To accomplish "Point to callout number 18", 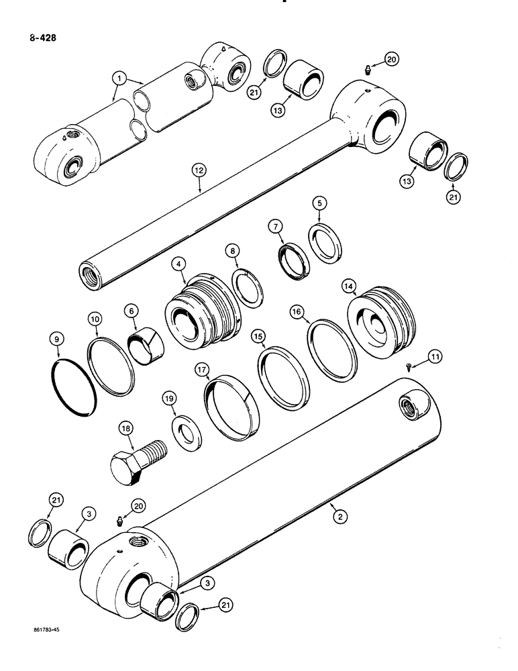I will pos(125,429).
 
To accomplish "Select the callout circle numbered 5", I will pos(321,202).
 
